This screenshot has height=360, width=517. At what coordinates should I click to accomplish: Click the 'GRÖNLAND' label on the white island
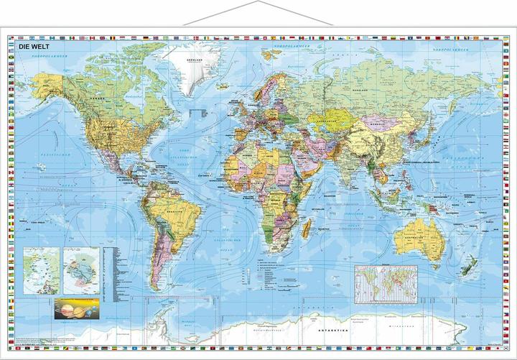click(192, 60)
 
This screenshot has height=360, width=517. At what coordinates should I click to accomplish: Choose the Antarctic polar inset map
click(80, 267)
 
